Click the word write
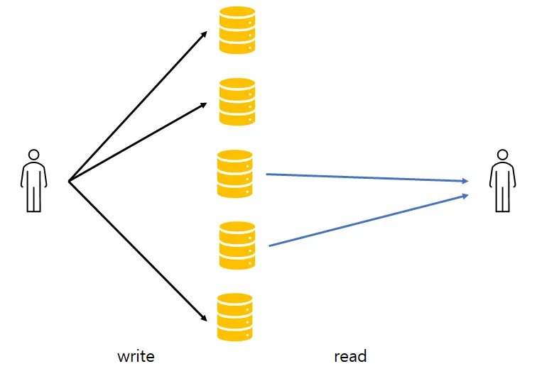136,357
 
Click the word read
350,356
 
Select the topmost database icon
237,30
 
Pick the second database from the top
237,102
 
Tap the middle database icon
235,174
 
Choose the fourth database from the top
237,245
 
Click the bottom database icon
235,317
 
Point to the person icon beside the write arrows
33,181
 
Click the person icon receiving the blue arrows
502,181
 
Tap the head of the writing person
33,155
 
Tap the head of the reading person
502,155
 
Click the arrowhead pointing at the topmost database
205,34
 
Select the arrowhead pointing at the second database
204,105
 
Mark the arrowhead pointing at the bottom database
204,318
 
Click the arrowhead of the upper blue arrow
465,181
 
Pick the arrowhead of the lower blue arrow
465,196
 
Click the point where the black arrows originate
69,182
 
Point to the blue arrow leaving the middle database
367,177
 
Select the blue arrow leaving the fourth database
369,220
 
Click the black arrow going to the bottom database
138,251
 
